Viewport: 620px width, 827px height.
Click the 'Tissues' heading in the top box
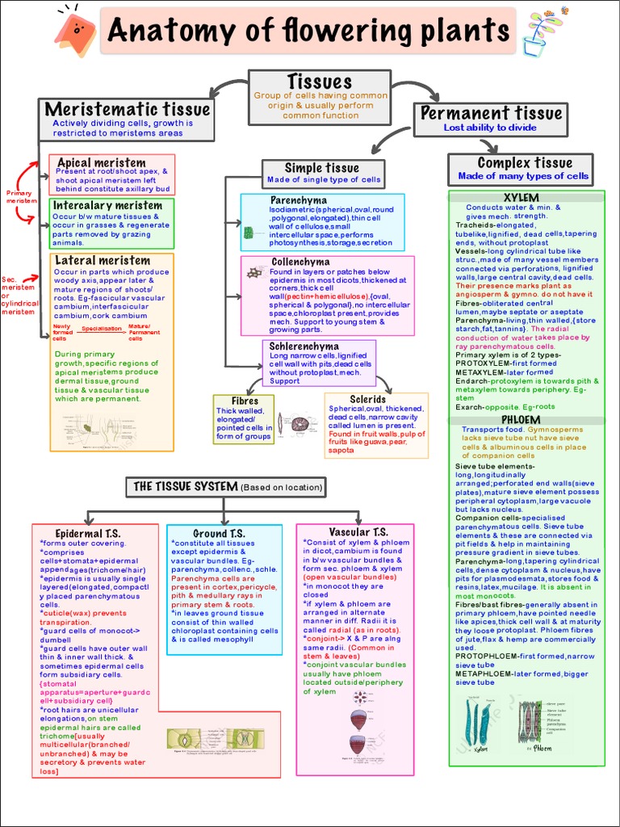click(x=319, y=82)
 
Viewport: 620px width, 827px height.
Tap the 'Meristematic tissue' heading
click(x=128, y=109)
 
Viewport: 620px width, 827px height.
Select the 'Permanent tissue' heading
click(x=491, y=113)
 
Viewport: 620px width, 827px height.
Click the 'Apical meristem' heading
click(x=102, y=162)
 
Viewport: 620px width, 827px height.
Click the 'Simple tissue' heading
click(x=321, y=167)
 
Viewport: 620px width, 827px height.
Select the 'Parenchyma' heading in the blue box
click(x=299, y=199)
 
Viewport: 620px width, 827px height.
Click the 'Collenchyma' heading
click(x=300, y=262)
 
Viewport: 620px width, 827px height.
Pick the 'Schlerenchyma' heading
click(x=304, y=346)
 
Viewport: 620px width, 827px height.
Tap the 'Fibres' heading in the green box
click(x=245, y=401)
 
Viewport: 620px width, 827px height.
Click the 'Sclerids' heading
click(x=367, y=399)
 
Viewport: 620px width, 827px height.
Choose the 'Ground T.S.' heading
click(x=219, y=534)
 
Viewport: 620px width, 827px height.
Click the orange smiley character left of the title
click(x=76, y=31)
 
